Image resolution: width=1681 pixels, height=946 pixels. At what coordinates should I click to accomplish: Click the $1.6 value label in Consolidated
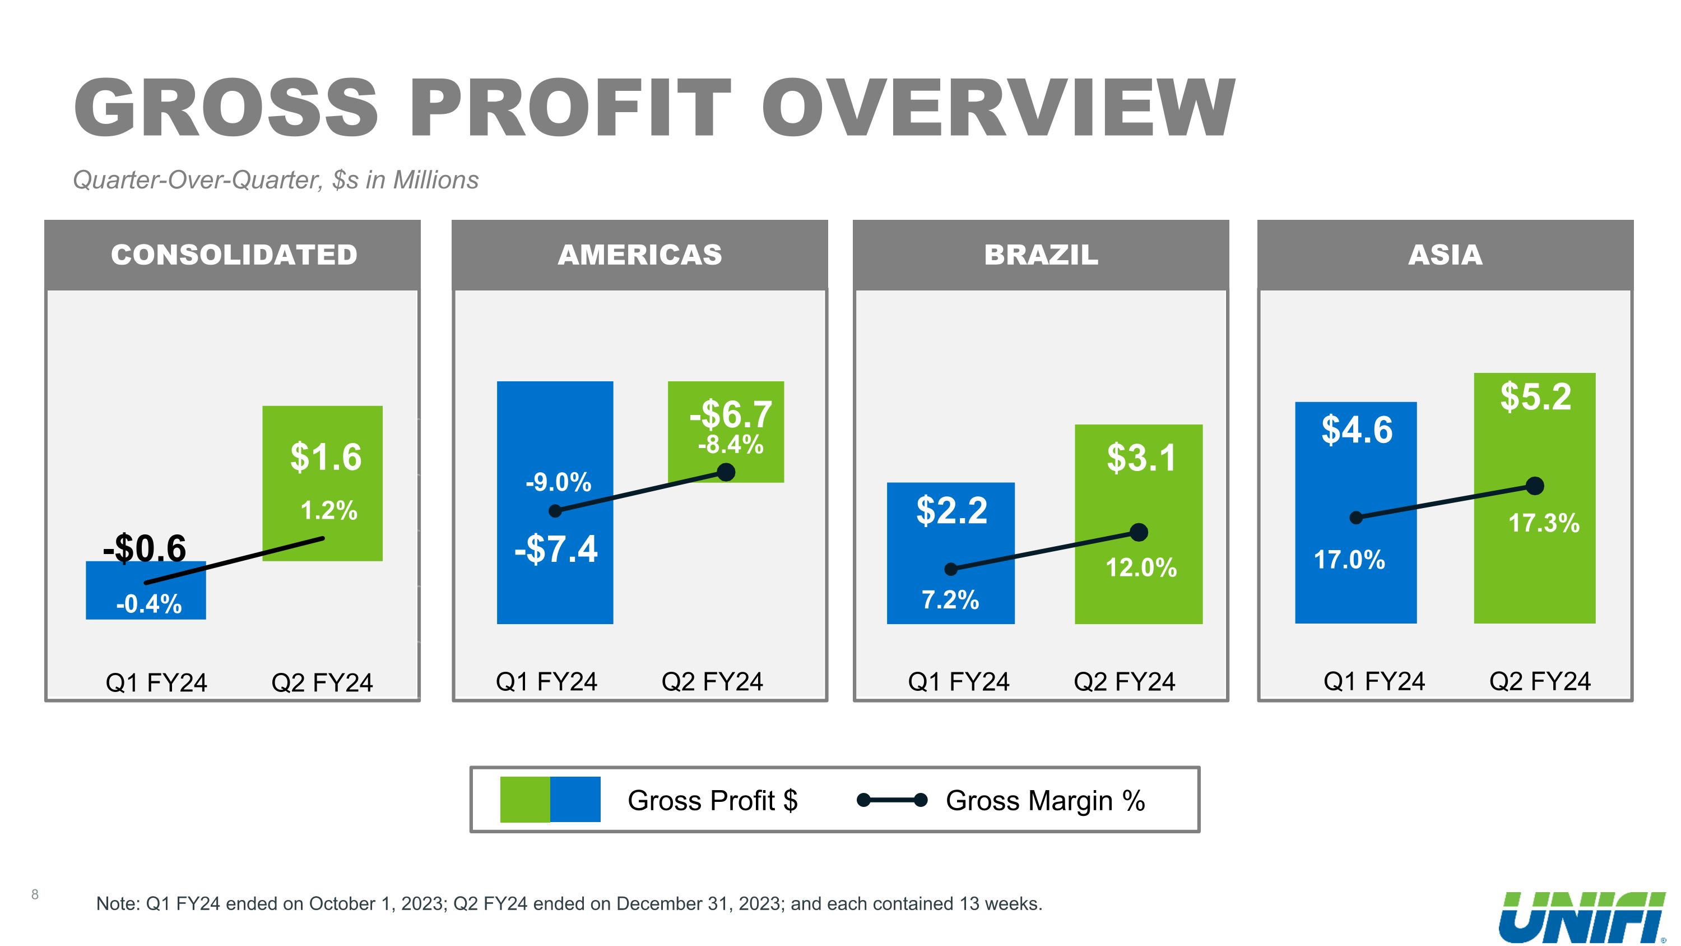(x=326, y=456)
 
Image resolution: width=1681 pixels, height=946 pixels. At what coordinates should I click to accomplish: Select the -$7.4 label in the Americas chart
(x=555, y=549)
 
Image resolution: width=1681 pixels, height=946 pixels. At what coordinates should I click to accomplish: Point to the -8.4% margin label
(x=730, y=445)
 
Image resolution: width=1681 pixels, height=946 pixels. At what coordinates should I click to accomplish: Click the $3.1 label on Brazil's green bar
(x=1141, y=458)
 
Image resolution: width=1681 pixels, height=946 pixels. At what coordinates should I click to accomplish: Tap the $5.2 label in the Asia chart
(x=1535, y=396)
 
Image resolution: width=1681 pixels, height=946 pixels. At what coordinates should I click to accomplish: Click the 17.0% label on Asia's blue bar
(x=1349, y=560)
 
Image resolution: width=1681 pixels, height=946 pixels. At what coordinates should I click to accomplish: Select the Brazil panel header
(x=1041, y=255)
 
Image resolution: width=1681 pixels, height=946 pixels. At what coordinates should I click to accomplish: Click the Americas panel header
(x=639, y=255)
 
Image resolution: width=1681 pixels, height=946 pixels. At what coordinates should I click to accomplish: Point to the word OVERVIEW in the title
(x=998, y=108)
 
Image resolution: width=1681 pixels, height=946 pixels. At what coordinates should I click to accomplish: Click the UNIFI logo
(x=1582, y=917)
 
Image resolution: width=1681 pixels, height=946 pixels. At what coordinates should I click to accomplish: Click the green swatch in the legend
(x=524, y=799)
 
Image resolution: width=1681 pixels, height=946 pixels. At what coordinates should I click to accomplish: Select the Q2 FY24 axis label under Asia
(x=1539, y=681)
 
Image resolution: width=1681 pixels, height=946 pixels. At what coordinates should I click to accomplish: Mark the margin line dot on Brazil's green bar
(x=1138, y=533)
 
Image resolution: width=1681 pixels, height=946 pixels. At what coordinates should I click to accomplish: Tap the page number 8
(x=35, y=894)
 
